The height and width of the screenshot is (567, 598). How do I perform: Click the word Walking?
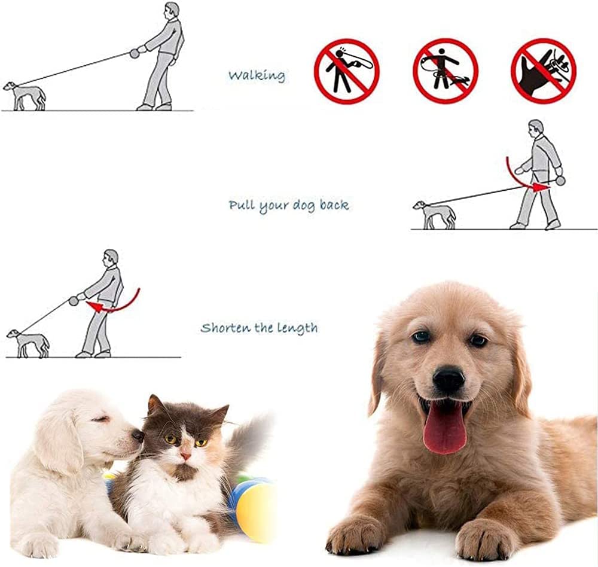[257, 75]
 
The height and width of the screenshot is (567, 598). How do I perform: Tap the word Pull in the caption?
[242, 205]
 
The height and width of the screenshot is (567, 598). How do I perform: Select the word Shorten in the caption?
[225, 328]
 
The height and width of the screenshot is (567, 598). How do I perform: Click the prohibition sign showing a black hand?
[544, 71]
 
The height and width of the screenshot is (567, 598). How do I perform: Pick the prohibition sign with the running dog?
[446, 71]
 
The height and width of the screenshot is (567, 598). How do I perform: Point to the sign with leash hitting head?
[347, 71]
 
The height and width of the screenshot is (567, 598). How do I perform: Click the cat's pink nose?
[186, 455]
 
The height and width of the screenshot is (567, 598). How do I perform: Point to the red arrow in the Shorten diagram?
[114, 303]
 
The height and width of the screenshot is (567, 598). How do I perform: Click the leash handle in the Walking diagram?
[134, 53]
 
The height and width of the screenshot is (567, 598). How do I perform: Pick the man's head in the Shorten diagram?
[111, 258]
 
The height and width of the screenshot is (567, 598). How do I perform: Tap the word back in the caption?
[334, 205]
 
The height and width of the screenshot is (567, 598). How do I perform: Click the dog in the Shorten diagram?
[29, 343]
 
